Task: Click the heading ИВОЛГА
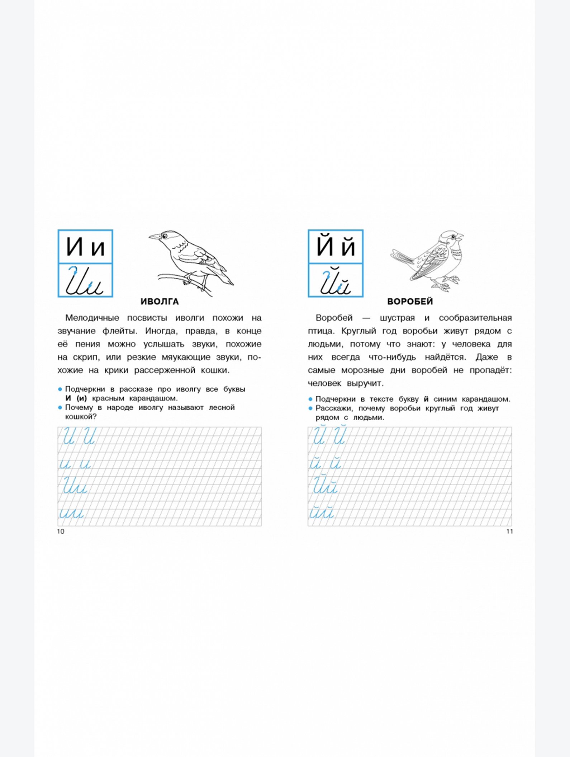(x=160, y=302)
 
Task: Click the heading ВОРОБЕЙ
(x=410, y=302)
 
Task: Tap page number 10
(x=61, y=532)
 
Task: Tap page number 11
(x=509, y=532)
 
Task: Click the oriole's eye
(x=165, y=236)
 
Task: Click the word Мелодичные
(x=92, y=318)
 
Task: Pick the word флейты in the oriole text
(x=120, y=331)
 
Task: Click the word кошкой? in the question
(x=81, y=417)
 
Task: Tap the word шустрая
(x=397, y=318)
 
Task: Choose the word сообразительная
(x=475, y=318)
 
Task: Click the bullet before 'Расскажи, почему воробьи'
(x=310, y=408)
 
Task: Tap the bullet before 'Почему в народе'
(x=60, y=407)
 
